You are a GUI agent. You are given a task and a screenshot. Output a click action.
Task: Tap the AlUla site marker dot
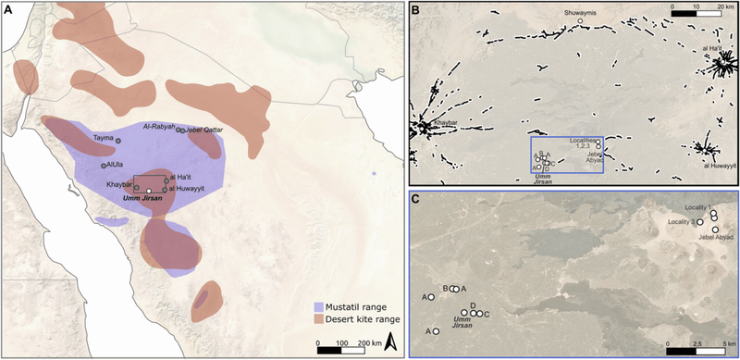coord(103,166)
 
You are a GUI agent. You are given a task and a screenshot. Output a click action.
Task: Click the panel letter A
coord(7,7)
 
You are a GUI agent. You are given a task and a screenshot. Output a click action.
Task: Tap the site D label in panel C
coord(473,304)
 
